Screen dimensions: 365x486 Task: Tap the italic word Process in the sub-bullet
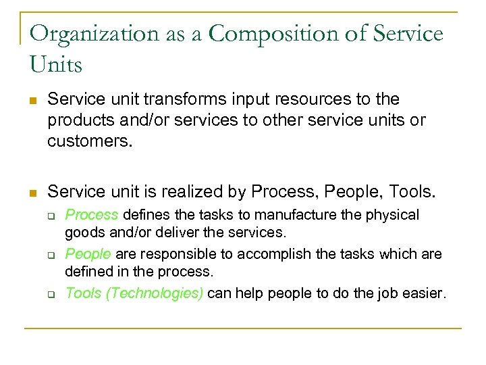(91, 215)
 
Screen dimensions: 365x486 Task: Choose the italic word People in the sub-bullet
(88, 254)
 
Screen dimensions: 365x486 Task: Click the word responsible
(171, 254)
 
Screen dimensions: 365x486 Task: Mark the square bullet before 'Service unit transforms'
(32, 100)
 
